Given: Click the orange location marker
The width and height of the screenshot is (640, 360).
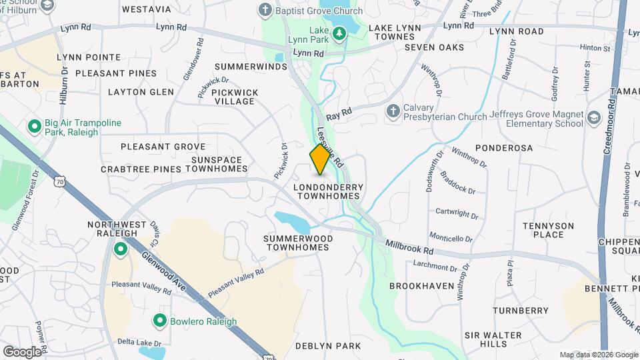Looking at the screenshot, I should tap(320, 159).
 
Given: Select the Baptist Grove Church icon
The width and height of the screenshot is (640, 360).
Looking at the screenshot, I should tap(265, 10).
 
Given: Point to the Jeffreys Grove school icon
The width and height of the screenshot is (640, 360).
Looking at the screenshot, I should tap(593, 119).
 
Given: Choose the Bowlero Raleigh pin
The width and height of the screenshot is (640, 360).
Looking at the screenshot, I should tap(160, 321).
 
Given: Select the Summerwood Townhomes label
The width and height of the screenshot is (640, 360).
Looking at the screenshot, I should tap(296, 243).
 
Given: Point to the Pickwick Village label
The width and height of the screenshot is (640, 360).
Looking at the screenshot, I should tap(233, 97).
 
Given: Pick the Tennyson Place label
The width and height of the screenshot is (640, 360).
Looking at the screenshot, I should tap(548, 230).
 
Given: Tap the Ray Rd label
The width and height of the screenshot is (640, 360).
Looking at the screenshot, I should tap(338, 115).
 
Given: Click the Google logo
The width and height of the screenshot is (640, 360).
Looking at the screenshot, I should tap(22, 351).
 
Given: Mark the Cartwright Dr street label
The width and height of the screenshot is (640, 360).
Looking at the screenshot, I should tap(457, 214).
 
